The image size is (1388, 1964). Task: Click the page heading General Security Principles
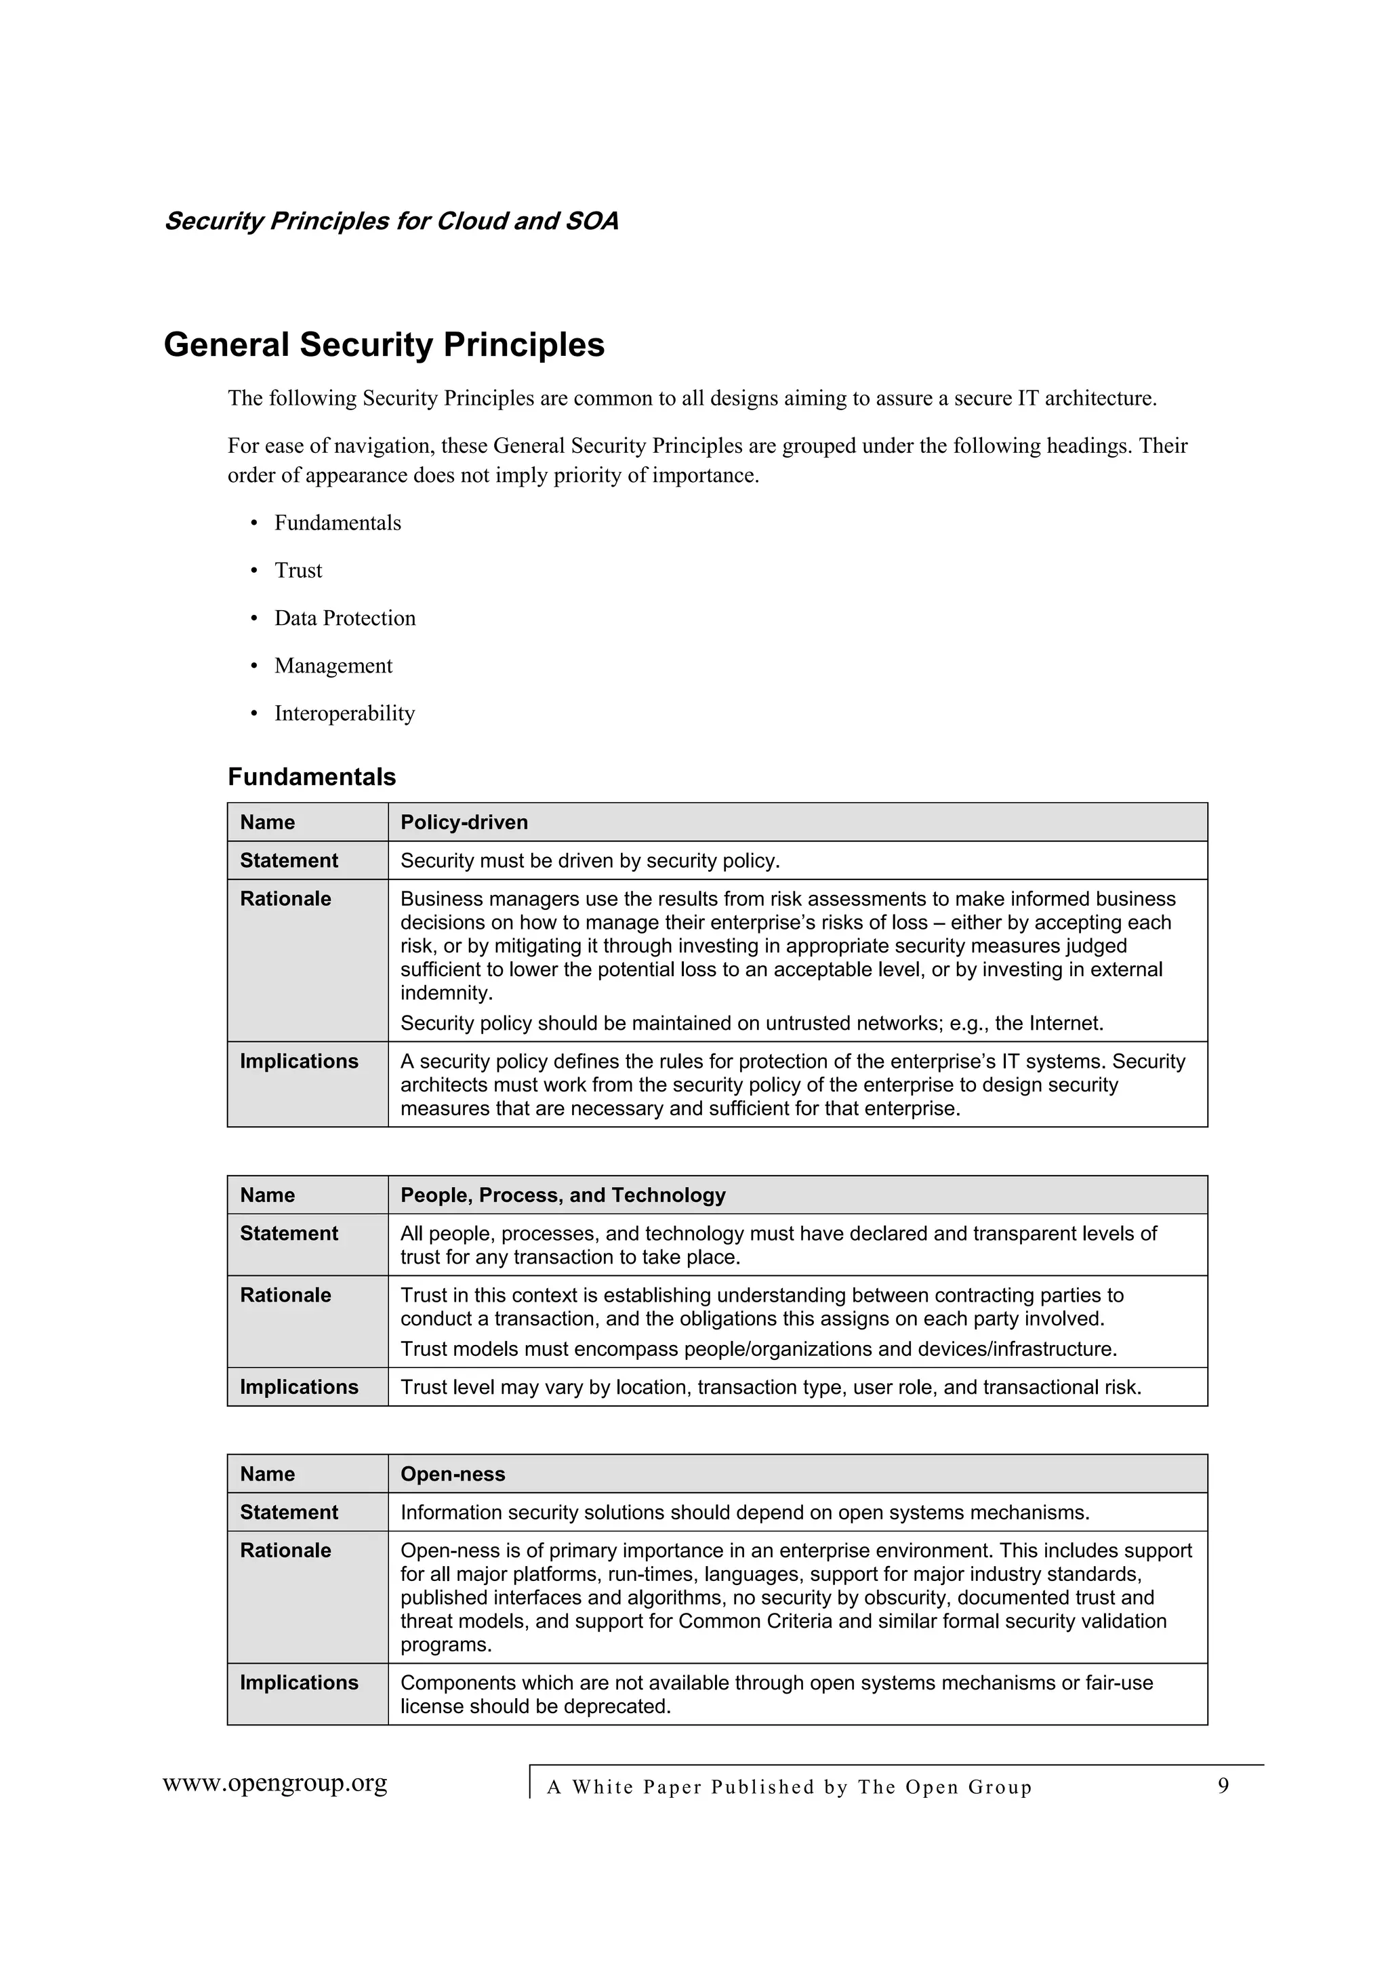384,344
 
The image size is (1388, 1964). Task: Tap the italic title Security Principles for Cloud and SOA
391,221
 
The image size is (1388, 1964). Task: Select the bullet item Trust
298,571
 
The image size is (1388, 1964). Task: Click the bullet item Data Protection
345,618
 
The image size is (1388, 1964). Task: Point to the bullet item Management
333,666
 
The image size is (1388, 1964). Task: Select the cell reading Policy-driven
464,822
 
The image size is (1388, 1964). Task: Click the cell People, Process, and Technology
563,1195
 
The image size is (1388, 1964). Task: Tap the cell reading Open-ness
453,1474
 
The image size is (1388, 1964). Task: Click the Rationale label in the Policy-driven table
285,899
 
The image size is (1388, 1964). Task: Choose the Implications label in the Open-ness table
298,1683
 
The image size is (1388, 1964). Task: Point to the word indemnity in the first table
445,993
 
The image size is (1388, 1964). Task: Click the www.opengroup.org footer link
274,1784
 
